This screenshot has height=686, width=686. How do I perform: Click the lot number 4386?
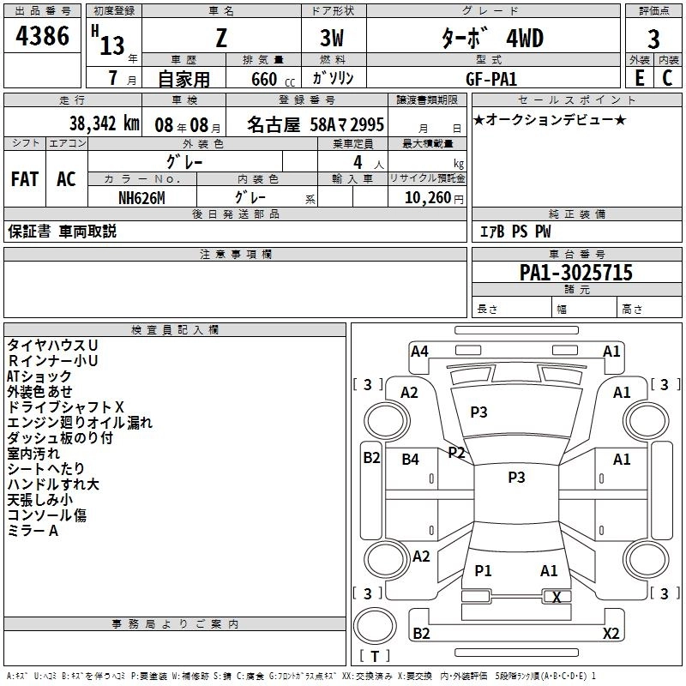coord(43,37)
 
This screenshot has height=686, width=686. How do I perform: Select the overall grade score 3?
coord(653,39)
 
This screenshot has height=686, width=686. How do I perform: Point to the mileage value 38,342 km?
coord(103,123)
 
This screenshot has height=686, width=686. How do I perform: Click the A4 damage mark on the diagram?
coord(419,351)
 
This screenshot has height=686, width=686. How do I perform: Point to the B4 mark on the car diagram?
coord(411,460)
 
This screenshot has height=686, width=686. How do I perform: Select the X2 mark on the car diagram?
coord(611,634)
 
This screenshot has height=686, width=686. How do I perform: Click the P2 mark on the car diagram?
coord(456,452)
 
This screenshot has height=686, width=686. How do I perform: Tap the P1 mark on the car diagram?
coord(483,570)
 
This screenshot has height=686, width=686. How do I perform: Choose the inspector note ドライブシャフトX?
coord(66,406)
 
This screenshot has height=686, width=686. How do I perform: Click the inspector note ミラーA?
coord(33,531)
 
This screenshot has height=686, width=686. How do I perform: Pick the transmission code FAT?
coord(25,179)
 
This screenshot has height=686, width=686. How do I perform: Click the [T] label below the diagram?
coord(375,656)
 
